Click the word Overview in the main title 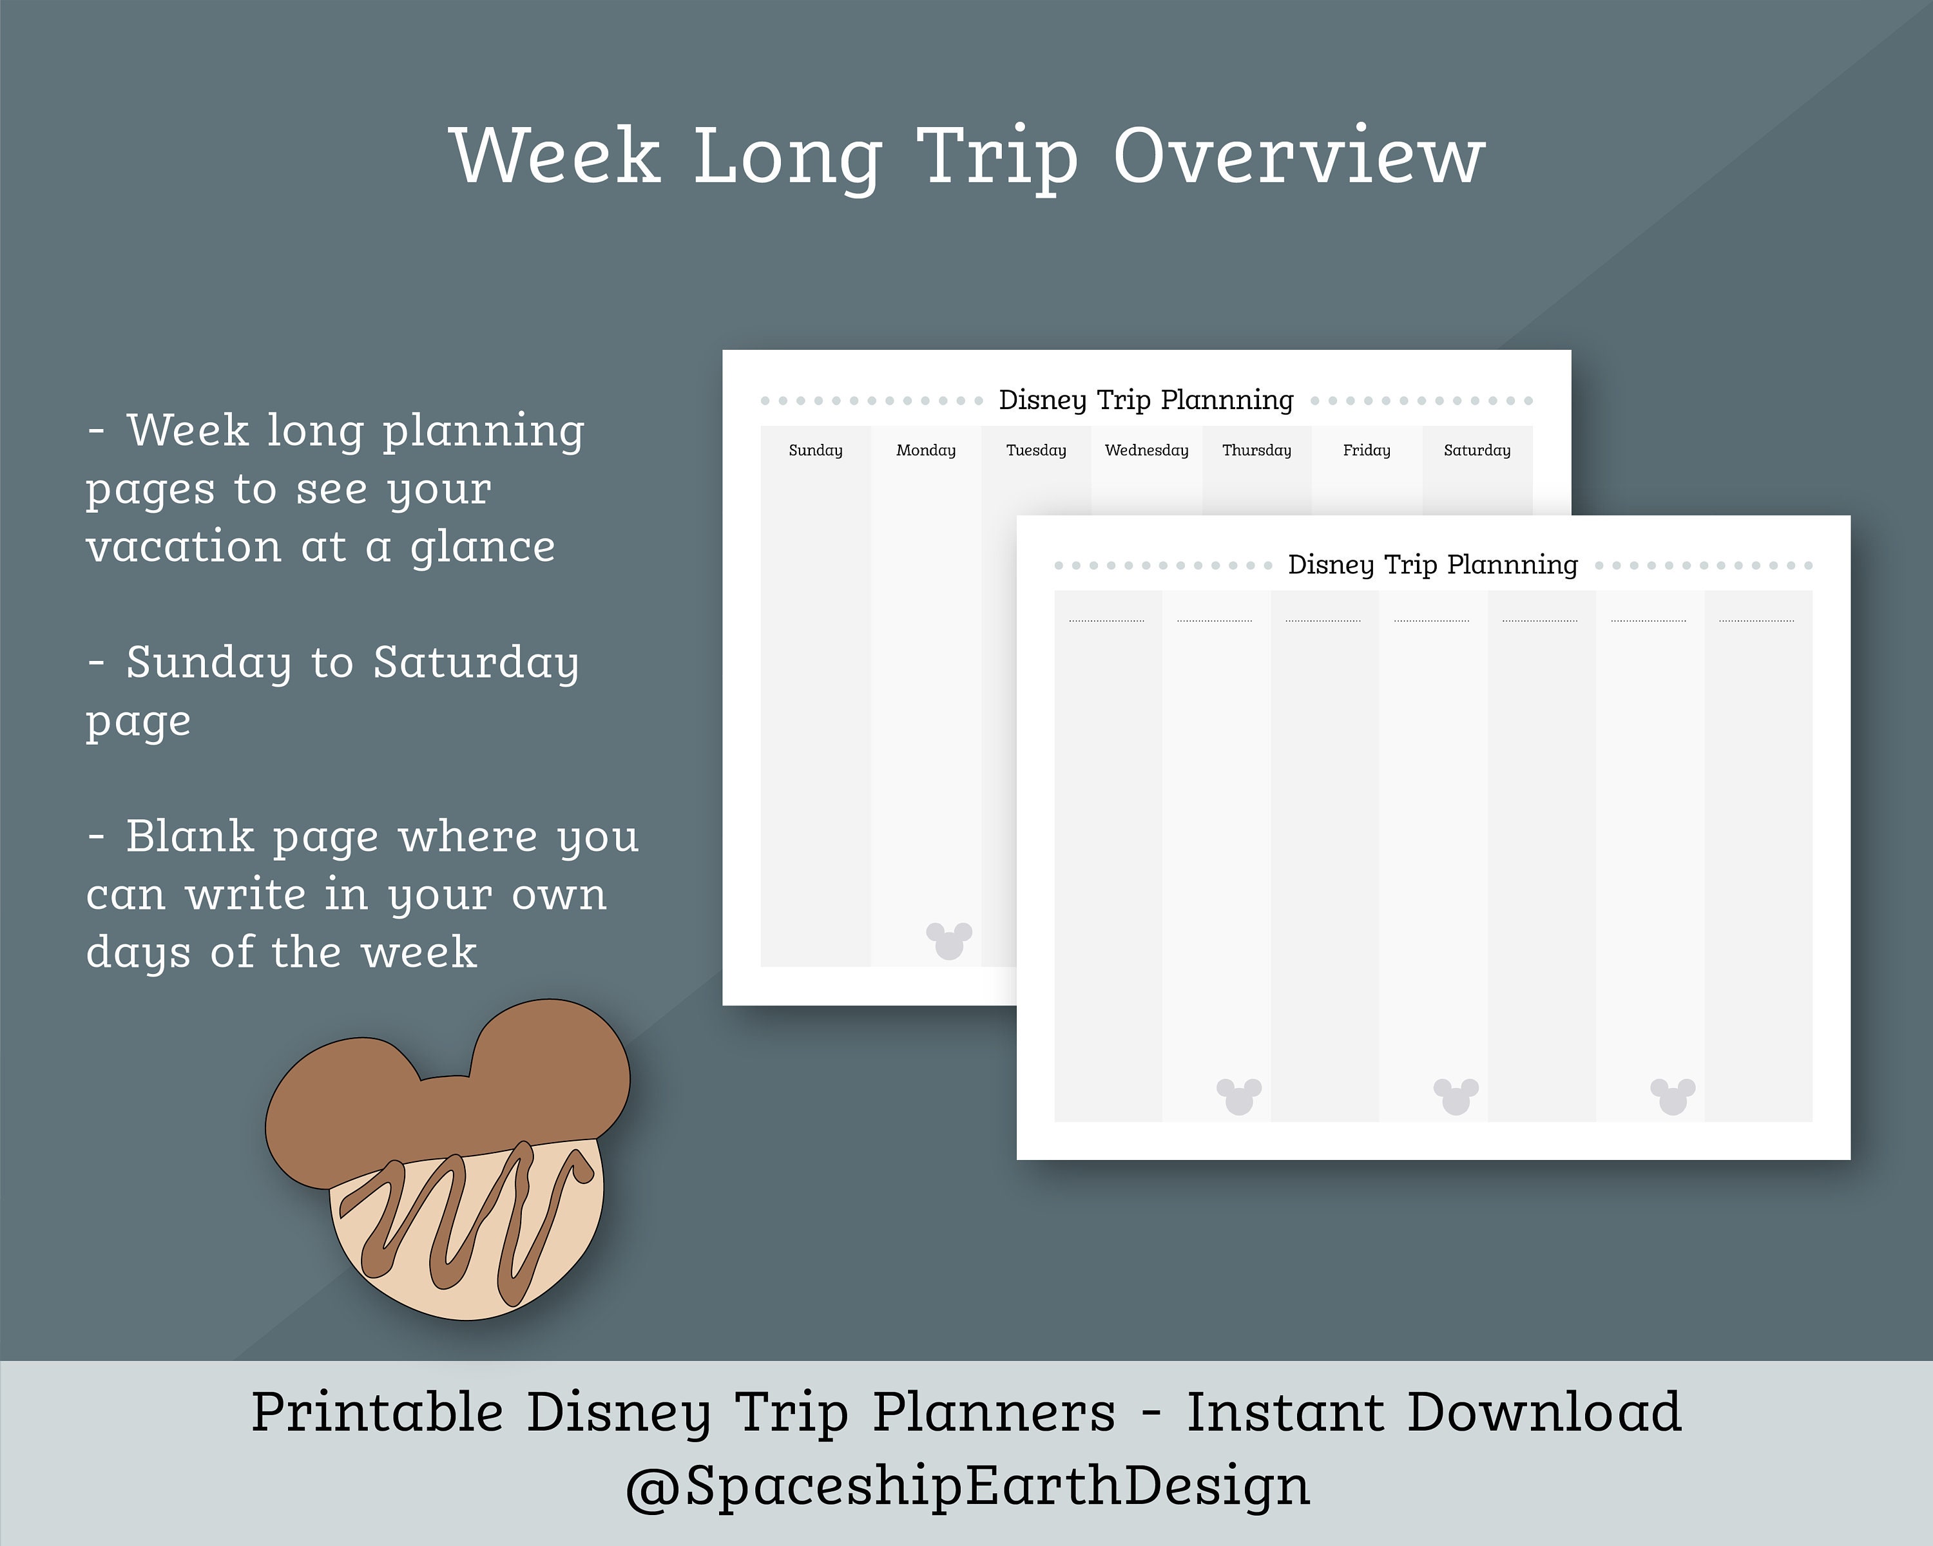coord(1299,156)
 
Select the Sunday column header coord(815,450)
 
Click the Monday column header coord(925,450)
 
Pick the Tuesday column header coord(1035,450)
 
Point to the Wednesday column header coord(1146,450)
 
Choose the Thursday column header coord(1256,450)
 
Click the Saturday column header coord(1477,450)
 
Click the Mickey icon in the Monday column coord(948,940)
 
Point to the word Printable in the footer coord(376,1413)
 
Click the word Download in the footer coord(1543,1413)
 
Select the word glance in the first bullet coord(483,548)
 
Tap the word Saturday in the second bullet coord(475,663)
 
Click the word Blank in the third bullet coord(189,837)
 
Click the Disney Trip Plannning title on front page coord(1432,565)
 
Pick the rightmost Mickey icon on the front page coord(1672,1095)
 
